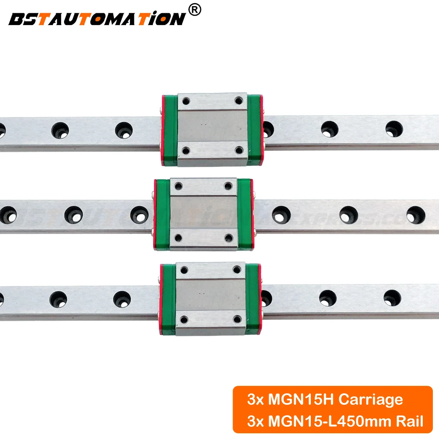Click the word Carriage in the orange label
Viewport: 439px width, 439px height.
(371, 399)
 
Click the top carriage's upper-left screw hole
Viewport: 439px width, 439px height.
(185, 101)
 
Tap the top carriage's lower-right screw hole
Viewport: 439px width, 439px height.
(239, 151)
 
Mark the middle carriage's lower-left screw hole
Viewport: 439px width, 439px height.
(178, 237)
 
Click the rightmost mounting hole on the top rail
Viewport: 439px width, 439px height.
(394, 129)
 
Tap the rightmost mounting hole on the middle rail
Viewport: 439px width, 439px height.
(415, 214)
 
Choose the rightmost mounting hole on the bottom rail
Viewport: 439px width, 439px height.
(392, 298)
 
